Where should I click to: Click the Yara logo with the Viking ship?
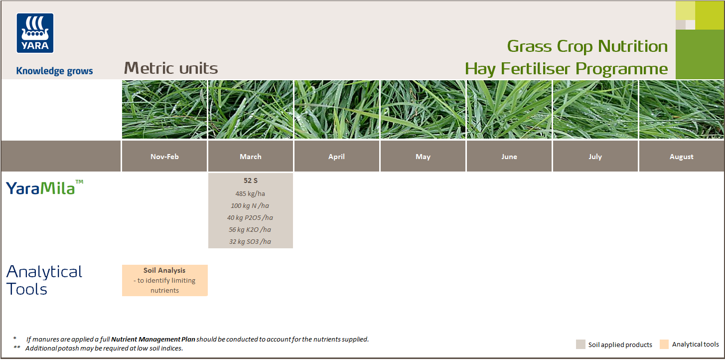click(x=35, y=33)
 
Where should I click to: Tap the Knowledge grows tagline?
click(x=54, y=71)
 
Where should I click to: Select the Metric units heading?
click(x=171, y=68)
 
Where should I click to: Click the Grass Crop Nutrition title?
click(x=587, y=46)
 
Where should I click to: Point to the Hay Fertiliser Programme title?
click(x=566, y=69)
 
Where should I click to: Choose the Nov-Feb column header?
click(x=164, y=157)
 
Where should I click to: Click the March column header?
click(x=251, y=157)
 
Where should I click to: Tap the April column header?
click(x=337, y=157)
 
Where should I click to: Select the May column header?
click(x=423, y=157)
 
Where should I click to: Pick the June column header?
click(x=509, y=157)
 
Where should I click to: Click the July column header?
click(x=595, y=157)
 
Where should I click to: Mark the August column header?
click(x=682, y=157)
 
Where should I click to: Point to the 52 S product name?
click(x=251, y=181)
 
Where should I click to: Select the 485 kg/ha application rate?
click(x=251, y=193)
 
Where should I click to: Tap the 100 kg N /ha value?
click(x=251, y=205)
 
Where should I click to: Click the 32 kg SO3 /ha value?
click(x=251, y=241)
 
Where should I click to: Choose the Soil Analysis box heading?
click(x=164, y=270)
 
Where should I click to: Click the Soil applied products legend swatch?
click(x=580, y=345)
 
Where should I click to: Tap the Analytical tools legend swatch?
click(x=664, y=344)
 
